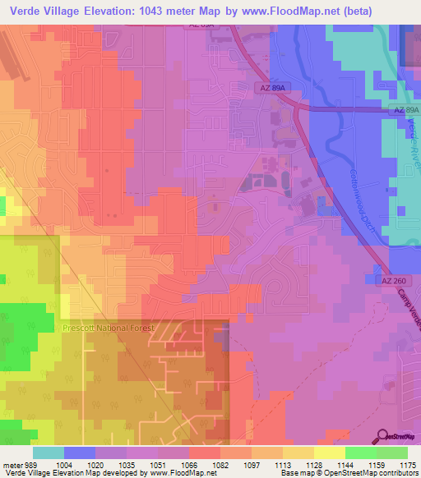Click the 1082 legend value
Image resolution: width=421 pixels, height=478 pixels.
click(220, 464)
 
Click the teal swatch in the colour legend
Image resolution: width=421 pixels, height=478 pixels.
click(48, 453)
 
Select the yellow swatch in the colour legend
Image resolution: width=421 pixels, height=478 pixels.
click(329, 453)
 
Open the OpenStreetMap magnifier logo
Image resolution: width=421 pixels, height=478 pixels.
click(383, 436)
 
